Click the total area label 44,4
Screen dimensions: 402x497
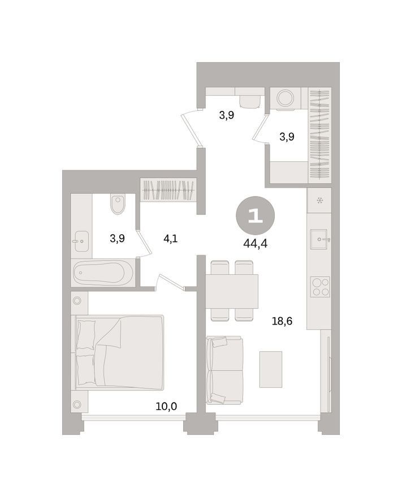(255, 244)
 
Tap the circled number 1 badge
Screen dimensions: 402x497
(255, 216)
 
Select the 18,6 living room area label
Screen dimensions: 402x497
(282, 321)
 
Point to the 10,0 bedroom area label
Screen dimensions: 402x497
(166, 406)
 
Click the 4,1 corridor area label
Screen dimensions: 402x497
(170, 239)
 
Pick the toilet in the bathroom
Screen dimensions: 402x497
(118, 204)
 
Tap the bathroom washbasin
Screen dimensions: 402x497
(82, 241)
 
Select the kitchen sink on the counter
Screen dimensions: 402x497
(319, 239)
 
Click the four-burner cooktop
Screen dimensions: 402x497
(320, 287)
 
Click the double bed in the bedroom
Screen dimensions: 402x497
(120, 352)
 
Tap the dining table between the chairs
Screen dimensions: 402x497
(232, 291)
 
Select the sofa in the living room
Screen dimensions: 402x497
(224, 370)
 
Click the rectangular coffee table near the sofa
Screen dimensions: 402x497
(271, 369)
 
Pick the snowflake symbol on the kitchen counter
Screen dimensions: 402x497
(319, 200)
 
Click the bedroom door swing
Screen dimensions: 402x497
(171, 282)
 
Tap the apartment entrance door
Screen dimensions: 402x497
(192, 128)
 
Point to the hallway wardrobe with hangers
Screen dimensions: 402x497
(168, 189)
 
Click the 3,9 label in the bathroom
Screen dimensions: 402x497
(117, 239)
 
